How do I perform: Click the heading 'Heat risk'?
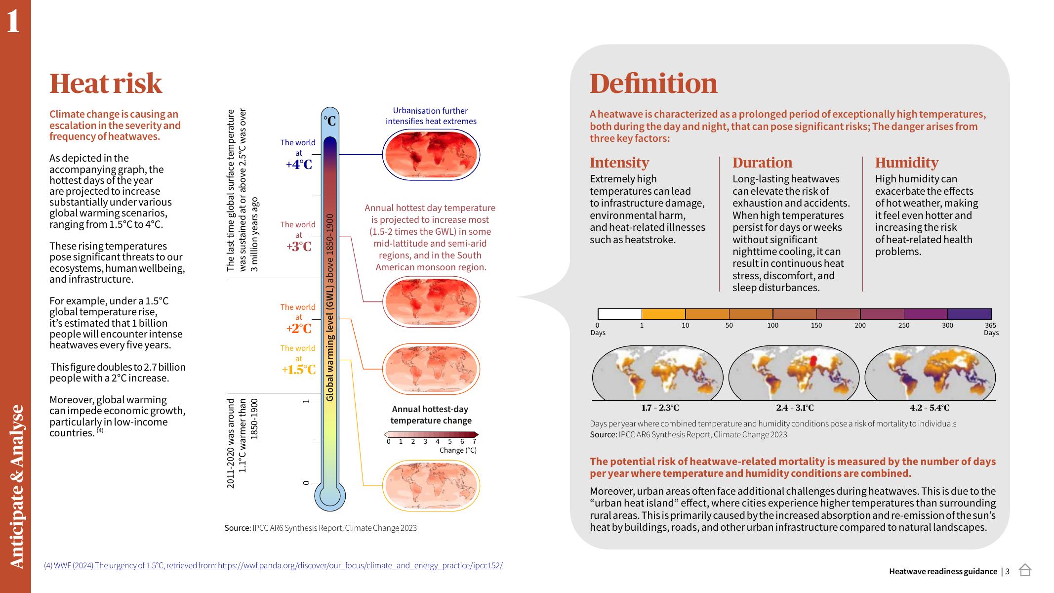(106, 83)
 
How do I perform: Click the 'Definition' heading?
(653, 83)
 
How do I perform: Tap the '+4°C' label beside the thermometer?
(299, 165)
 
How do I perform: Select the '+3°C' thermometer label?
(299, 246)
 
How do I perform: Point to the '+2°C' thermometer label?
(299, 329)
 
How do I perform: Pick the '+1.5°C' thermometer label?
(298, 370)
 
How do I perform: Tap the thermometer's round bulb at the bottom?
(330, 496)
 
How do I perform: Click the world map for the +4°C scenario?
(431, 155)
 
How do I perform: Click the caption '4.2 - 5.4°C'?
(930, 408)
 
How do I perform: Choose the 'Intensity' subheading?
(619, 163)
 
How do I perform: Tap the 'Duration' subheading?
(762, 163)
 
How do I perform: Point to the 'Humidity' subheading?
(906, 163)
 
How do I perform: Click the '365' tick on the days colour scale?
(990, 325)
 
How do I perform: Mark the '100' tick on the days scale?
(772, 325)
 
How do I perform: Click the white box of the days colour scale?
(619, 314)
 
